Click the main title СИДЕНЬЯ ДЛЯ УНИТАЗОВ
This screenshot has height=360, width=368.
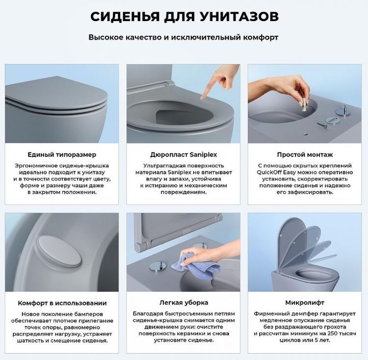184,17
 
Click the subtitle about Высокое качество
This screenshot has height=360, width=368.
184,37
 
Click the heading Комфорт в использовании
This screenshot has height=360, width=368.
62,303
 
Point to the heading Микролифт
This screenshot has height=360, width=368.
305,303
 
